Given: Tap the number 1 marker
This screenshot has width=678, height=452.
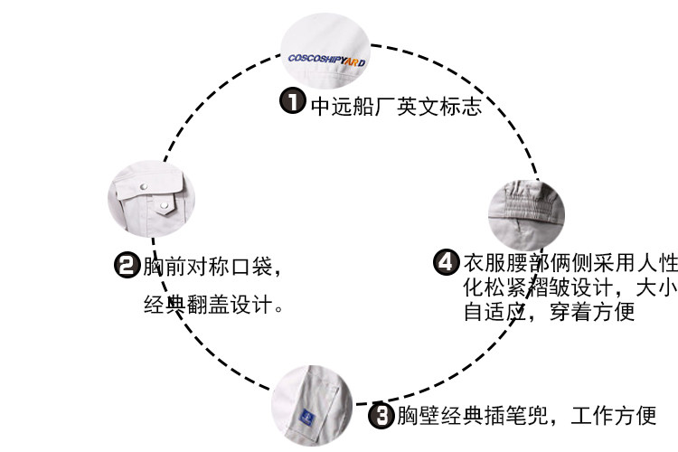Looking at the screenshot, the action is (x=292, y=101).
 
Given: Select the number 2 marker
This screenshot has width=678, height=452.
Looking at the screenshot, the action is (x=126, y=267).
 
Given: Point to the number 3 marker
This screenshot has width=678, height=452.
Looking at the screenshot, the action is (x=381, y=416).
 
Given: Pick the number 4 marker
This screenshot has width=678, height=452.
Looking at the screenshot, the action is (x=446, y=263).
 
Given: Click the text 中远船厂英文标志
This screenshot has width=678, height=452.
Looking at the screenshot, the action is (x=396, y=105).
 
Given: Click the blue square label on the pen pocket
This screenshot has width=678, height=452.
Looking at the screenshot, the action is (x=306, y=416).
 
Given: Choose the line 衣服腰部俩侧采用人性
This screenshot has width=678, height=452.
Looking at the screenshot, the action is (x=570, y=264).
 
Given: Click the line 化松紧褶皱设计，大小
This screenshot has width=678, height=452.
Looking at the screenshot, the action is (x=570, y=288).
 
